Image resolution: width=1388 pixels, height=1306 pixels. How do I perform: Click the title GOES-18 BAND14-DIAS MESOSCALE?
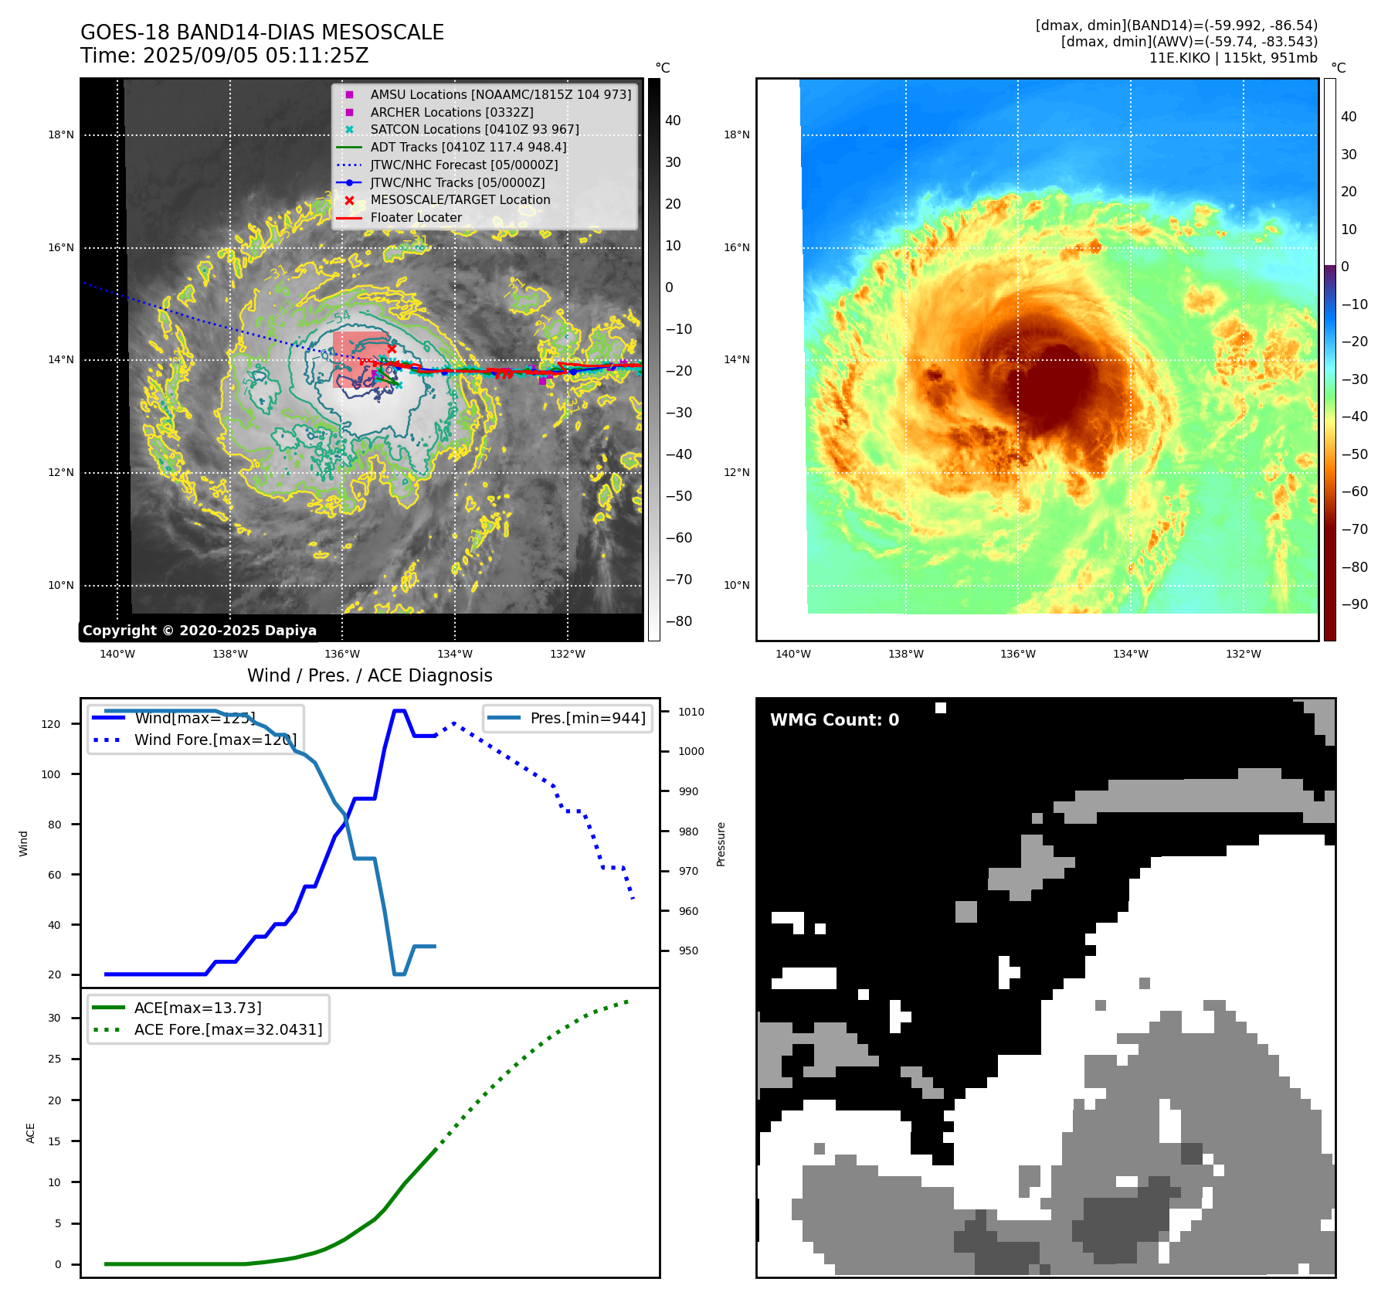[x=262, y=32]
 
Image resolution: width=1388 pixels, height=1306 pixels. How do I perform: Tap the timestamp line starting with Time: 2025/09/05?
[x=224, y=56]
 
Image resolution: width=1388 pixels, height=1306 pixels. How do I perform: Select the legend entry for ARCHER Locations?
[x=451, y=112]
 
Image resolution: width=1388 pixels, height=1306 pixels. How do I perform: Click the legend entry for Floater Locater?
[x=416, y=217]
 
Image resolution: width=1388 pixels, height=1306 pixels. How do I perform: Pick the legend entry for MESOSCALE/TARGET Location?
[x=460, y=199]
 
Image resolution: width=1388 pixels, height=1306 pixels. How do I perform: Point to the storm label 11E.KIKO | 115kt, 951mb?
[x=1233, y=58]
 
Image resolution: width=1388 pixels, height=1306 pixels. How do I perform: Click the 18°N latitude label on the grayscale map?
[x=61, y=134]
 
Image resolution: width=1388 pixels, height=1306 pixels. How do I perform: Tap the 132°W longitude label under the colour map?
[x=1243, y=654]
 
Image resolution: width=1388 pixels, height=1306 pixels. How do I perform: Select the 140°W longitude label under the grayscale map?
[x=117, y=654]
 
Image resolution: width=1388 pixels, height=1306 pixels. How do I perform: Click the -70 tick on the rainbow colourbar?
[x=1354, y=529]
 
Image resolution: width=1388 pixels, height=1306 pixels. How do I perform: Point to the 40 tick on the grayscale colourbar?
[x=673, y=121]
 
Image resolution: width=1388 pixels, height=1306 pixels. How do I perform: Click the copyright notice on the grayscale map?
[x=199, y=631]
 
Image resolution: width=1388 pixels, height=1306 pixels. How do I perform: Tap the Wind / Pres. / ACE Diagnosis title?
[x=369, y=675]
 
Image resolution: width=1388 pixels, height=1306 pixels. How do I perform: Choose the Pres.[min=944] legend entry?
[x=587, y=718]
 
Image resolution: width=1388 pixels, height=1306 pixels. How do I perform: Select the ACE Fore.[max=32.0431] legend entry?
[x=228, y=1029]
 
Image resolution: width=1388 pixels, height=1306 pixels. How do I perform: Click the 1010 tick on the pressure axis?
[x=691, y=712]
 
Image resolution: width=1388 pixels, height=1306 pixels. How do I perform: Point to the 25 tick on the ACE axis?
[x=54, y=1059]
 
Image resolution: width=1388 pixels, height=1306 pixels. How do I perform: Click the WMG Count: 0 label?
[x=834, y=720]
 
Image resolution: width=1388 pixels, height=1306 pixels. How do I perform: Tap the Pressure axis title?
[x=721, y=844]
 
